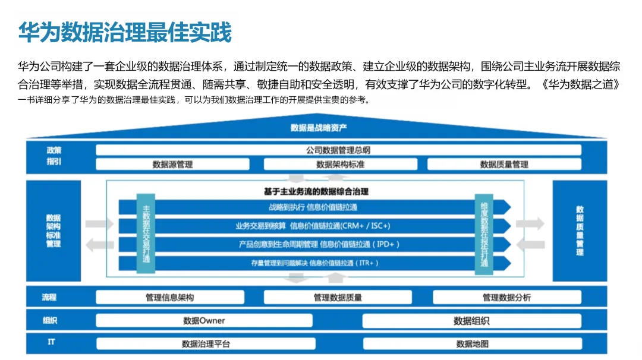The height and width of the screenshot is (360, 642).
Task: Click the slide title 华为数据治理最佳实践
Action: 125,32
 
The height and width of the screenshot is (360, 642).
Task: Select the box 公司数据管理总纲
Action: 338,150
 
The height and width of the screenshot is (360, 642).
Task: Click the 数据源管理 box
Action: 172,164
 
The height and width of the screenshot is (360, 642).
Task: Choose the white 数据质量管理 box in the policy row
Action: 503,164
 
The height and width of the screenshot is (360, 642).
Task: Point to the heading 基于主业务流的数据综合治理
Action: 316,191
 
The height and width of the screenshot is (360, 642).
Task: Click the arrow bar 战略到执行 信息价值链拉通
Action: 313,207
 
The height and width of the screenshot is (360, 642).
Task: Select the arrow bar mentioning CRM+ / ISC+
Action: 313,226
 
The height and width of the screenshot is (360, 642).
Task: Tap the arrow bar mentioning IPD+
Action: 313,244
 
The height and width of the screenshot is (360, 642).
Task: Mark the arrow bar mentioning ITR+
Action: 313,263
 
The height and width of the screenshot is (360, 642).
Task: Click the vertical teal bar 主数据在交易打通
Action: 146,233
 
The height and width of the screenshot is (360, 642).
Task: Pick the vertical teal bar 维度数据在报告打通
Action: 484,233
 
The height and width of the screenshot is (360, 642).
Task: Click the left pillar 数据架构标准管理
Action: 53,230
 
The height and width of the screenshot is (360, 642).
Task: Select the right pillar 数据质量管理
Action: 580,230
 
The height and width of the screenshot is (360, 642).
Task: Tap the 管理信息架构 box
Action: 169,297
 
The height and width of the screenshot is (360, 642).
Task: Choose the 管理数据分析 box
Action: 506,297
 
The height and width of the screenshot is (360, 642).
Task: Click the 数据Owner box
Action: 204,321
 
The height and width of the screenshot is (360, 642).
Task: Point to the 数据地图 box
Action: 472,343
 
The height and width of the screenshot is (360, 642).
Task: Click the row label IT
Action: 52,343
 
